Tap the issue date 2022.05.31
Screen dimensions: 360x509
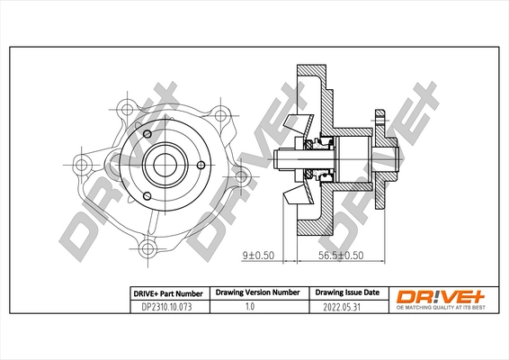346,307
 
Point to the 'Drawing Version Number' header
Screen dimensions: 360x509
256,292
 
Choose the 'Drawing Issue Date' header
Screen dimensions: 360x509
346,292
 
